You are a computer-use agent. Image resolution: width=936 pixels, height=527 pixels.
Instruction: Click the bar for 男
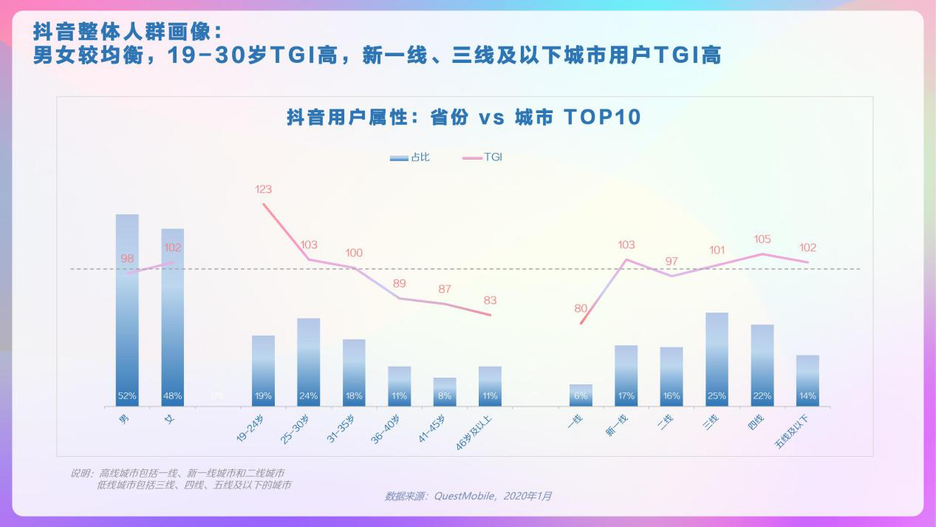coord(127,310)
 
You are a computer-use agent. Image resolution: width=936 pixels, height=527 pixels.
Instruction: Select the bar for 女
coord(173,318)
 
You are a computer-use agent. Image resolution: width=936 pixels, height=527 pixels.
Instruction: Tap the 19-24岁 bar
coord(263,370)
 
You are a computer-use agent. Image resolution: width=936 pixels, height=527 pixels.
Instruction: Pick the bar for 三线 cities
coord(717,359)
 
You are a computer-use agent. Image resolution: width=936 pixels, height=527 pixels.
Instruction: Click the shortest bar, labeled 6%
coord(581,395)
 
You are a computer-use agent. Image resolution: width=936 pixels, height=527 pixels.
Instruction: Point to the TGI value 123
coord(264,189)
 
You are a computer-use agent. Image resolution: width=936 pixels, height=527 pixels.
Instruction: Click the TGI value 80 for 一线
coord(581,308)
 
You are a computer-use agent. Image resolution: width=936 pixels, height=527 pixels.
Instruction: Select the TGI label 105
coord(762,239)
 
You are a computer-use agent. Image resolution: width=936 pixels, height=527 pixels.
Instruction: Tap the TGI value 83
coord(490,300)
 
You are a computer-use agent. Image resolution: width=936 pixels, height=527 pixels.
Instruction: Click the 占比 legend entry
coord(411,157)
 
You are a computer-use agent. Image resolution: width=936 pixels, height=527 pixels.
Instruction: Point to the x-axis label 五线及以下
coord(795,432)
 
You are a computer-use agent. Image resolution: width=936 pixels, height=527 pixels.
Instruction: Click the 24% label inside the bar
coord(308,396)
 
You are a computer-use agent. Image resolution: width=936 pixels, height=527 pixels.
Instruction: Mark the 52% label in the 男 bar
coord(127,396)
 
